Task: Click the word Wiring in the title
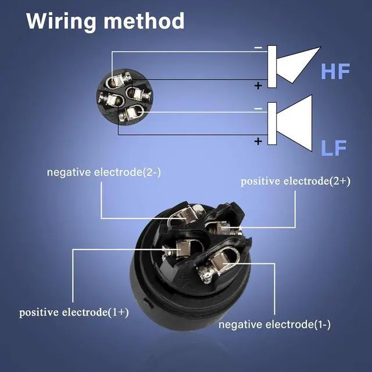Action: click(62, 21)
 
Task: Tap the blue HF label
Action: click(335, 72)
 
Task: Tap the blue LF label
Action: click(334, 148)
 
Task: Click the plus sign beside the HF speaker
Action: click(257, 85)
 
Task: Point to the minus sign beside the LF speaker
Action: click(257, 109)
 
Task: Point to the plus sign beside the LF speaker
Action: click(257, 141)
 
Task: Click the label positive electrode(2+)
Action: click(295, 181)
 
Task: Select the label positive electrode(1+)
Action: click(74, 312)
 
